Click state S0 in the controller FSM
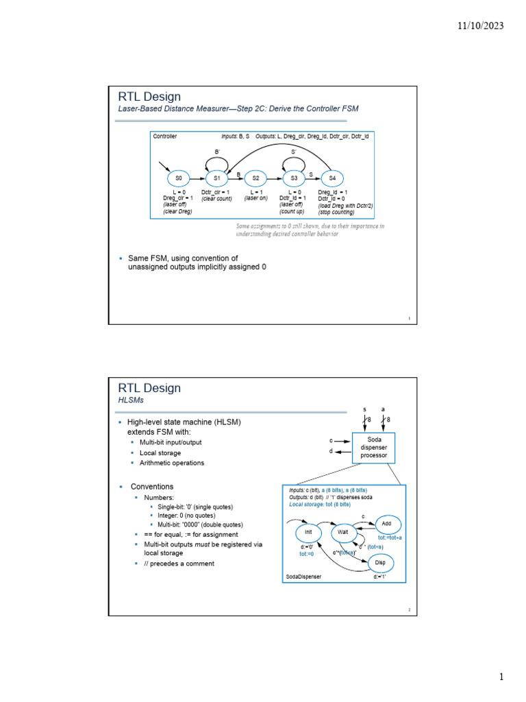178,178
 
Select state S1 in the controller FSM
216,178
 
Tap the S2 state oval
255,178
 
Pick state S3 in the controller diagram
293,178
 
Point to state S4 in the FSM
331,178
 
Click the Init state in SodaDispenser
307,532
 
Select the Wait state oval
343,532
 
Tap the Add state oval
386,523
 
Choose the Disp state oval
380,562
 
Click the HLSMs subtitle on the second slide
131,399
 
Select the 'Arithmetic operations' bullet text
171,463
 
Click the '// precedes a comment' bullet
179,564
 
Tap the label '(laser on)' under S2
255,199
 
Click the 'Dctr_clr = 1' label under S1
216,193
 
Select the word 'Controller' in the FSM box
164,136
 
